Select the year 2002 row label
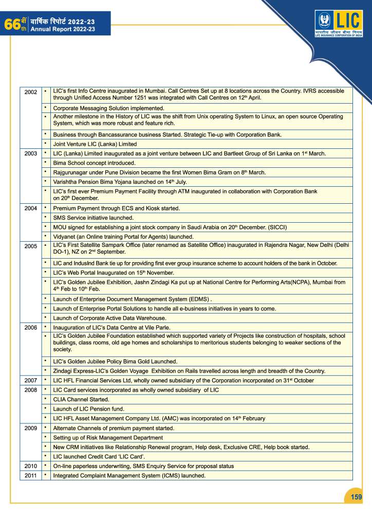(31, 92)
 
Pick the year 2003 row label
(31, 153)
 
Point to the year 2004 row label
(31, 208)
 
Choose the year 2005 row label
(31, 246)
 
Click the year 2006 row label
(31, 327)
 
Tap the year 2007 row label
(31, 380)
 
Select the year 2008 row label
(31, 390)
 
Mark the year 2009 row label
(31, 428)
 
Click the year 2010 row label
(31, 466)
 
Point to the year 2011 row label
(31, 476)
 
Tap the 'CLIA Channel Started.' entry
(81, 399)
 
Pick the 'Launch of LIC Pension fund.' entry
(90, 409)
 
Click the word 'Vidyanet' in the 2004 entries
(65, 237)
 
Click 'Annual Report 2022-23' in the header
(62, 30)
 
